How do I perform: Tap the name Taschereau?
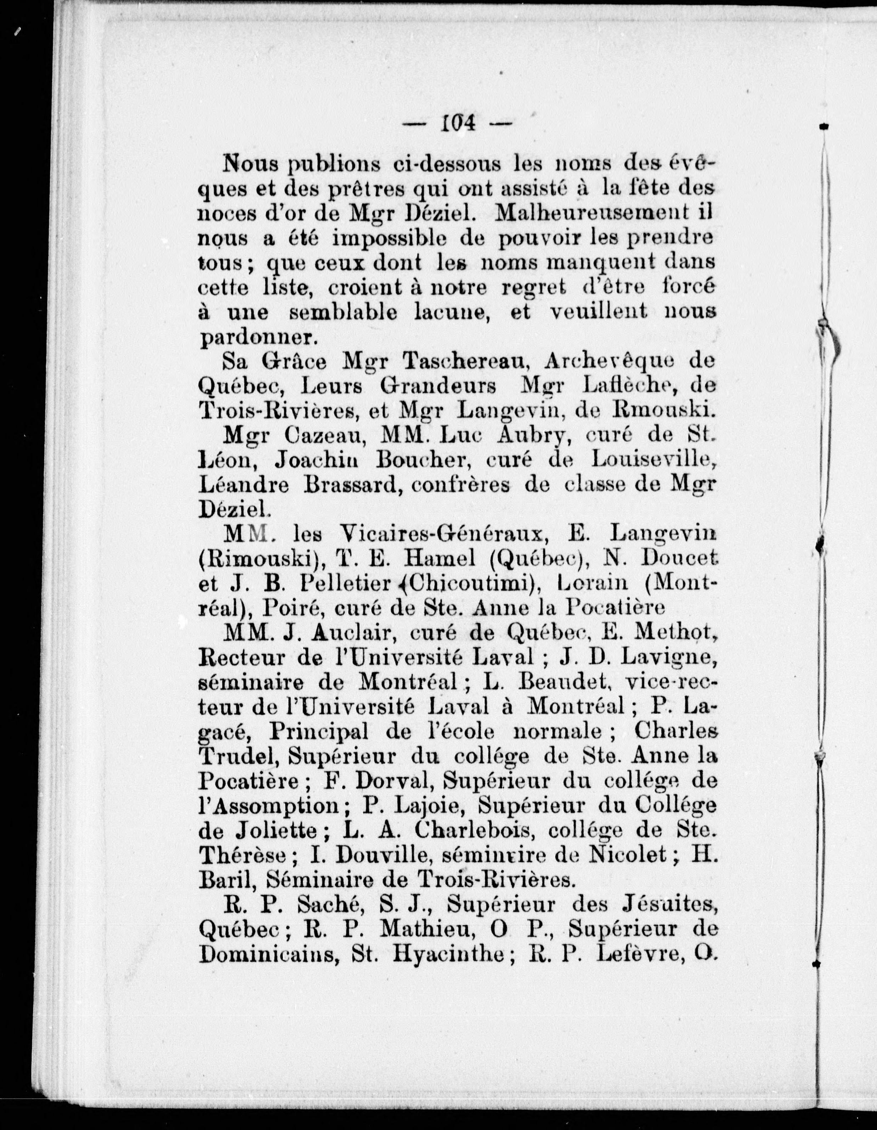pyautogui.click(x=464, y=362)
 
